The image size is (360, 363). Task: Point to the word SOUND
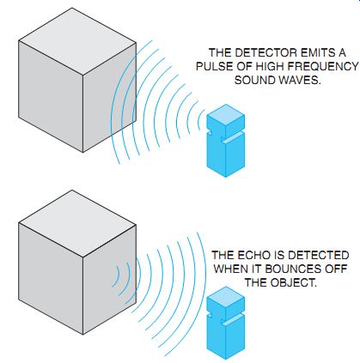tap(255, 80)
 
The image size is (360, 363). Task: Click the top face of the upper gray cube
tap(77, 41)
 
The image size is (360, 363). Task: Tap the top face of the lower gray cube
tap(77, 224)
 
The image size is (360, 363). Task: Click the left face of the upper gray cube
tap(51, 96)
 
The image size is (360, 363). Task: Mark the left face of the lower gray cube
tap(51, 279)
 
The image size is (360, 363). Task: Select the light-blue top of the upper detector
tap(226, 115)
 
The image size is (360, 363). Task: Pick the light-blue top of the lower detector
tap(226, 297)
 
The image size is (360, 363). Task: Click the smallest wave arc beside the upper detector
tap(198, 120)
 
